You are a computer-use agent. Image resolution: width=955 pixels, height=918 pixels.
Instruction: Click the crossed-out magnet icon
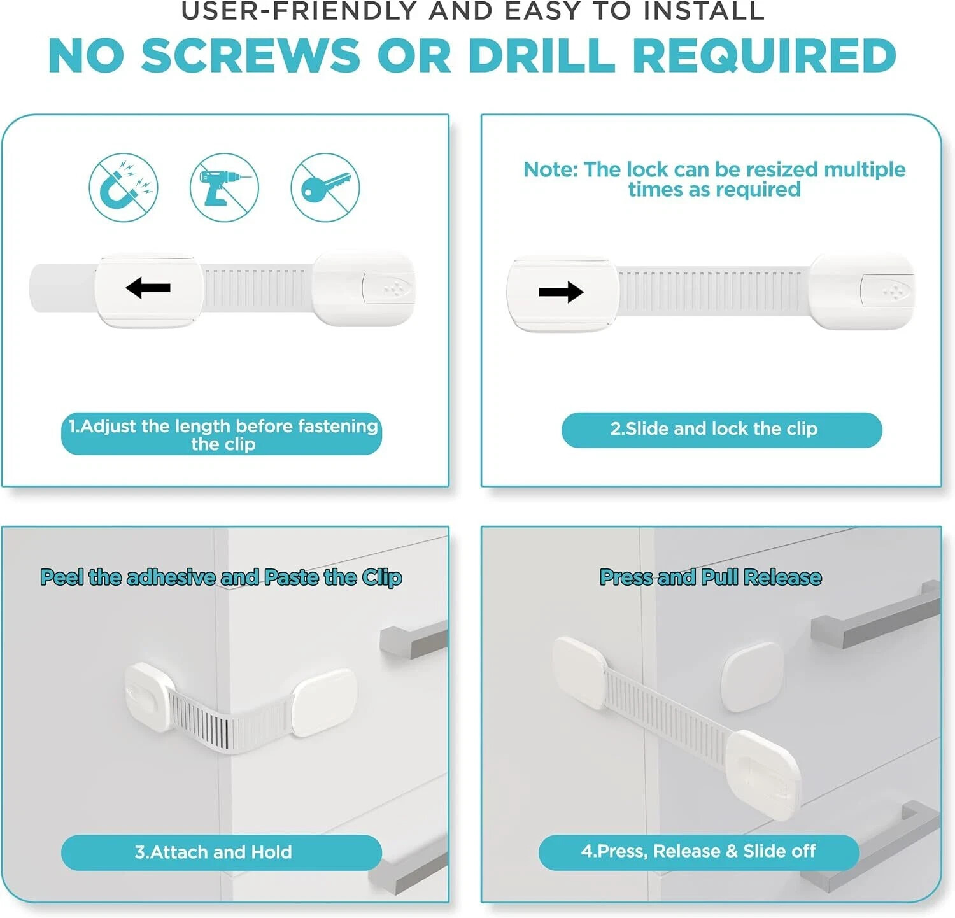point(123,187)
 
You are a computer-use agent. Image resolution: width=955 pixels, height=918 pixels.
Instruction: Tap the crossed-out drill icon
point(224,187)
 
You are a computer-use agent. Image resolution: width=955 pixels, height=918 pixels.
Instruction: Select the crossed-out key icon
point(325,187)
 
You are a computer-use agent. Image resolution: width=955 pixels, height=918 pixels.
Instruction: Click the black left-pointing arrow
point(148,288)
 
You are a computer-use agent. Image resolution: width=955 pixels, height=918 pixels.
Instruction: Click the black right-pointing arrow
point(561,292)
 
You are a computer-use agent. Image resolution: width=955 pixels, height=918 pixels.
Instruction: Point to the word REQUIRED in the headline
point(764,55)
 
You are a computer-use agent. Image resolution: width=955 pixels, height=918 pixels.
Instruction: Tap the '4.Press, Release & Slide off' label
point(698,852)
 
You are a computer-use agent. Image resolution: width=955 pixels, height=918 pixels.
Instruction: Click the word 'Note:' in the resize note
point(551,169)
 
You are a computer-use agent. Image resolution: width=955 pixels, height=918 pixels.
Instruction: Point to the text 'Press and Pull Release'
point(711,577)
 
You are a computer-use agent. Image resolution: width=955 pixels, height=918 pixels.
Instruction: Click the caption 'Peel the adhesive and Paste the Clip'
point(221,577)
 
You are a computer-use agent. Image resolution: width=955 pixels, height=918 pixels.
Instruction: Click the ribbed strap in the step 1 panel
point(258,287)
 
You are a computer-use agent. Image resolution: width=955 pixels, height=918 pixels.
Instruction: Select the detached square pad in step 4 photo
point(752,676)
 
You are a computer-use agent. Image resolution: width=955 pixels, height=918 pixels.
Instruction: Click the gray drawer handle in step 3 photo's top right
point(414,638)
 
